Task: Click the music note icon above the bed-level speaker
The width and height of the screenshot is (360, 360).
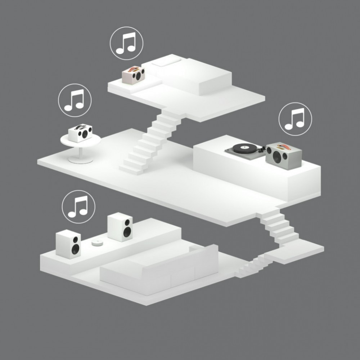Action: (126, 43)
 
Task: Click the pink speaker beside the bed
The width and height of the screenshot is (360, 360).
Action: (133, 75)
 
